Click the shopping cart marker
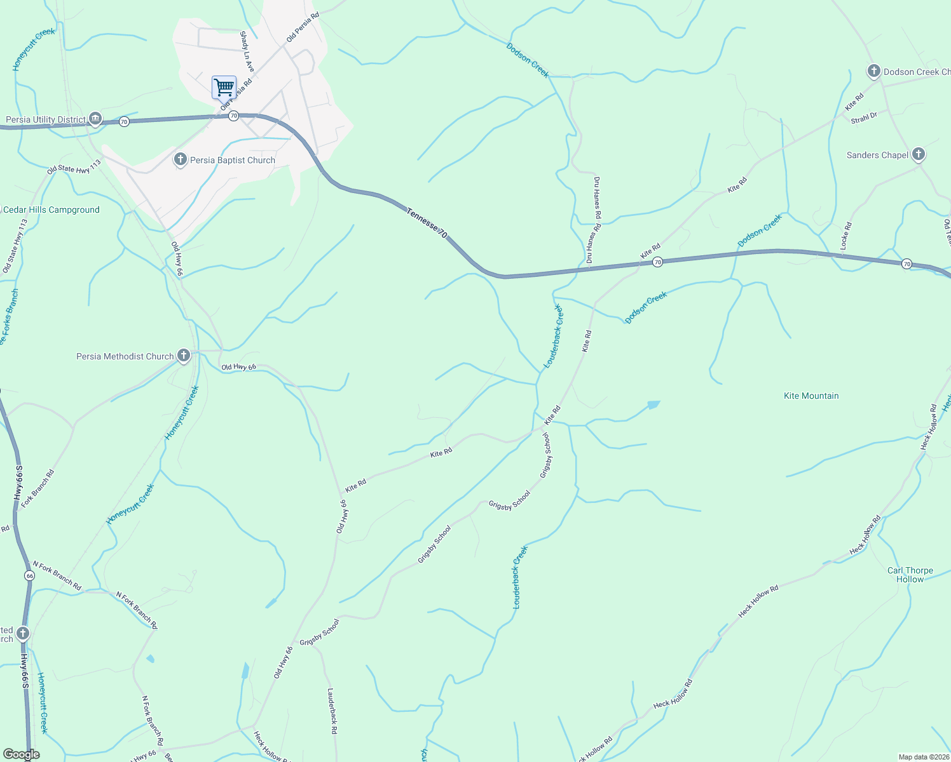(x=224, y=87)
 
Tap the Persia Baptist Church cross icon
(x=181, y=159)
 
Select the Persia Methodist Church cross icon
(x=184, y=356)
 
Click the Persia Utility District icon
(x=95, y=119)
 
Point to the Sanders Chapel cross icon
(x=918, y=154)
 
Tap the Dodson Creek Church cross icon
(x=874, y=71)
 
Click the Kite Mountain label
(x=811, y=396)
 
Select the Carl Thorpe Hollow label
(x=910, y=575)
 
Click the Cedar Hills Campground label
(x=51, y=210)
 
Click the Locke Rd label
(x=845, y=235)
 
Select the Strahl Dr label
(x=864, y=117)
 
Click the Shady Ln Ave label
(x=247, y=52)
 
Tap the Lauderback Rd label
(x=332, y=711)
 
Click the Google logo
(x=21, y=754)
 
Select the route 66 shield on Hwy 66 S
(x=30, y=575)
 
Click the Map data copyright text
(x=924, y=757)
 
